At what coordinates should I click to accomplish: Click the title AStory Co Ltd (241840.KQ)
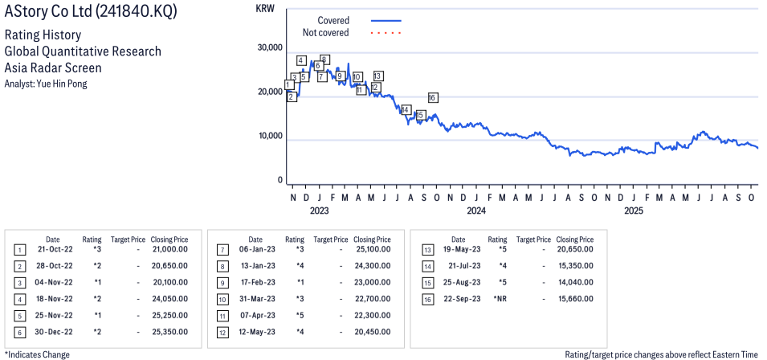91,12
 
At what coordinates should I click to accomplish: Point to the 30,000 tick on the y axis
269,47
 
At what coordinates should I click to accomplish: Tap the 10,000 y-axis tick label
269,137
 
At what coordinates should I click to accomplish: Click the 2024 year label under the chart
476,211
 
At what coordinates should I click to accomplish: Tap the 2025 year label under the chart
634,211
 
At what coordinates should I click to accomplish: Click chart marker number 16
433,98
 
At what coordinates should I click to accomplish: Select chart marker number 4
300,60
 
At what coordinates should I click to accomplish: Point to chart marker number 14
406,109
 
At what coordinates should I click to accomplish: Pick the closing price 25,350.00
169,331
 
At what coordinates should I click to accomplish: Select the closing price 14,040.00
575,282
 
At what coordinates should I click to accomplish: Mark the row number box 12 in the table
222,332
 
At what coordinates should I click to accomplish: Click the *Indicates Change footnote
37,354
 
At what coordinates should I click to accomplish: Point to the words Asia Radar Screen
53,68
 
